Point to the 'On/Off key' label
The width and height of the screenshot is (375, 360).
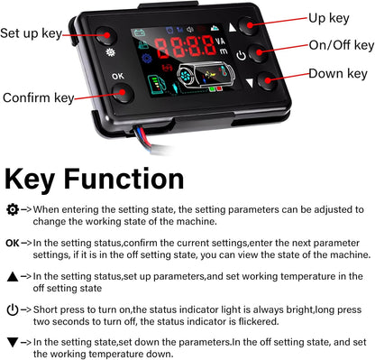click(341, 45)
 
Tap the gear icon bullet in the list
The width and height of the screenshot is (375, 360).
click(12, 208)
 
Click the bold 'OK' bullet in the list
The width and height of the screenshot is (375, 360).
click(12, 243)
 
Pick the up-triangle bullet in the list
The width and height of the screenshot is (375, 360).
click(12, 276)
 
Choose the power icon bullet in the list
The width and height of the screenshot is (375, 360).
click(12, 309)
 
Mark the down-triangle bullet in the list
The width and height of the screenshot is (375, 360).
click(12, 341)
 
